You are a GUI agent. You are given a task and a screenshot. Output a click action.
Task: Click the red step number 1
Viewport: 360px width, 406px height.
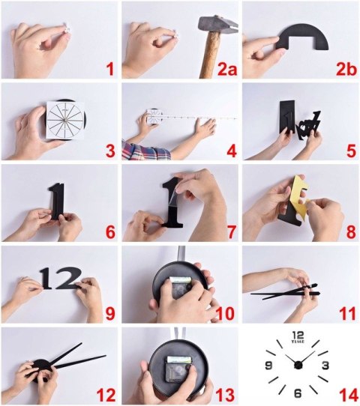click(x=110, y=69)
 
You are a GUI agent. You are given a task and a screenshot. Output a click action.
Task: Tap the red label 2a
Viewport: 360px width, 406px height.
click(x=227, y=69)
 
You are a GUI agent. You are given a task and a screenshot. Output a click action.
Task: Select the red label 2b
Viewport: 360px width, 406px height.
click(x=346, y=69)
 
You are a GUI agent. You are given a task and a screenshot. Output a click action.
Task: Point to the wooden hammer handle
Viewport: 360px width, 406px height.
click(x=211, y=55)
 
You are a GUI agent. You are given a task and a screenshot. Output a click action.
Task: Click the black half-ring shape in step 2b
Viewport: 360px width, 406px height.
click(x=302, y=36)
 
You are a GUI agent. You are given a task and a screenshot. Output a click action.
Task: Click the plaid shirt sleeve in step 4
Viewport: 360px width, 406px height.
click(x=146, y=150)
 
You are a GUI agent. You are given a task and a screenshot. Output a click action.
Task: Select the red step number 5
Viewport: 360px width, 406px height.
click(x=351, y=151)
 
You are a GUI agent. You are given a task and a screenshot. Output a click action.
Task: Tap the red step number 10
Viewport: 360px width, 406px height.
click(x=225, y=313)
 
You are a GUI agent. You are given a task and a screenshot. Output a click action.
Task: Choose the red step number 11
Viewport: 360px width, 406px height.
click(x=347, y=313)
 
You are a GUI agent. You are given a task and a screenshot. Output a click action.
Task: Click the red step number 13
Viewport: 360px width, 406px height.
click(x=225, y=395)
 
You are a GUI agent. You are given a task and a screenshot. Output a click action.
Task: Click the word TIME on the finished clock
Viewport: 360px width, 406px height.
click(x=298, y=342)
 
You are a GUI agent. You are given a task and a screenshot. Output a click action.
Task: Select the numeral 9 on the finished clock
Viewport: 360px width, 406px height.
click(x=268, y=366)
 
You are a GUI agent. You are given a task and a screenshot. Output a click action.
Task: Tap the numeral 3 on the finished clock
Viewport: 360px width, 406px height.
click(x=325, y=366)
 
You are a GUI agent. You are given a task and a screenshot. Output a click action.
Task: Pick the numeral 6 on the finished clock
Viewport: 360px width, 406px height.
click(x=298, y=393)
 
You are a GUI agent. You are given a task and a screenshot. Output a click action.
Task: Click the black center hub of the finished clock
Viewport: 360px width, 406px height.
click(x=298, y=365)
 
